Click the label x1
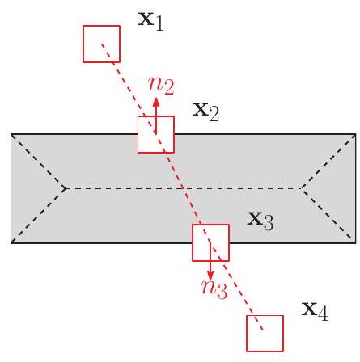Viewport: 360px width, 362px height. (x=151, y=22)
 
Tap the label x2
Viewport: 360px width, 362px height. (x=205, y=112)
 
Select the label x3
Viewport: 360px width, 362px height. (x=260, y=221)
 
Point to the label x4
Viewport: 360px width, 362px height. (x=315, y=311)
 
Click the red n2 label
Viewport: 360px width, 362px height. (x=161, y=86)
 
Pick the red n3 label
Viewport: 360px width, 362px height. (x=214, y=289)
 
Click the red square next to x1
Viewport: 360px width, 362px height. (x=101, y=26)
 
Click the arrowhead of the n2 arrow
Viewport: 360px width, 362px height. (x=156, y=103)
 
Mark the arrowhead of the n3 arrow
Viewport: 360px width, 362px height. (x=210, y=275)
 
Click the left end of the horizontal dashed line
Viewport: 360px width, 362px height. (x=64, y=188)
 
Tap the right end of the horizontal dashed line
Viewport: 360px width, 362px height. (x=303, y=188)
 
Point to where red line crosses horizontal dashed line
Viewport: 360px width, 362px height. (x=183, y=188)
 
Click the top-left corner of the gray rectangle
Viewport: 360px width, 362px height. (x=11, y=134)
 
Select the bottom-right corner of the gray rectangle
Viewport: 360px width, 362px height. (x=356, y=243)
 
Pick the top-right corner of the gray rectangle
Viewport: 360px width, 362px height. (x=356, y=134)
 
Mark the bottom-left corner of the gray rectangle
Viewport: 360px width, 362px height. (x=11, y=243)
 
